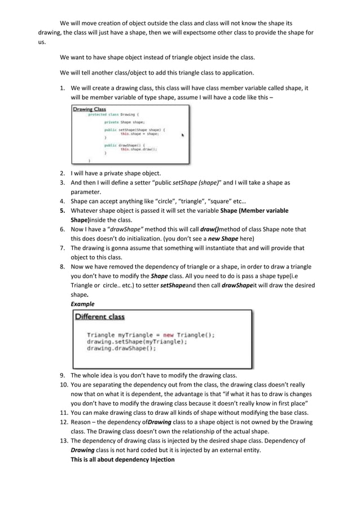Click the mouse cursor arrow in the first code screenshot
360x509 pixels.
tap(182, 135)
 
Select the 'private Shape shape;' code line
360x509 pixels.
tap(124, 121)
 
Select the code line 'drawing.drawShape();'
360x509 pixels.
tap(121, 348)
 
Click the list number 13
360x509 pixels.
tap(63, 441)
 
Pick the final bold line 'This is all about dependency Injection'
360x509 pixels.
tap(122, 459)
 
